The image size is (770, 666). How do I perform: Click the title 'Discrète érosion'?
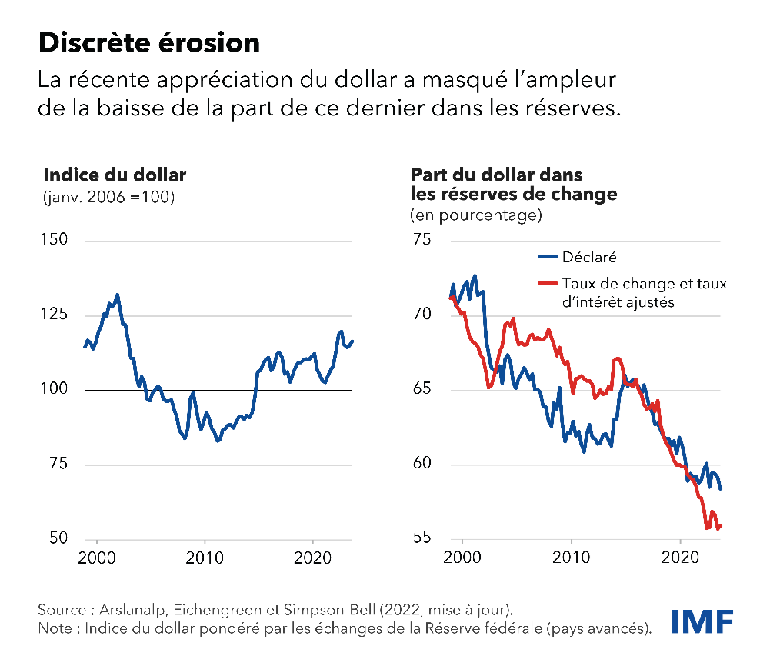tap(149, 44)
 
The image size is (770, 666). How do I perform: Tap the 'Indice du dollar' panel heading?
tap(115, 175)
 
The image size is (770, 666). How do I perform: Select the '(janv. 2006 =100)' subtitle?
tap(108, 197)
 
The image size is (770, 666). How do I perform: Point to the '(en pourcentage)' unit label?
tap(476, 215)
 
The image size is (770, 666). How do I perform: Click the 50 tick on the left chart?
tap(58, 538)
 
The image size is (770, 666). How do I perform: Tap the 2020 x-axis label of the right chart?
tap(680, 557)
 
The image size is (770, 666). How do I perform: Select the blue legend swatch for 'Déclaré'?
tap(547, 257)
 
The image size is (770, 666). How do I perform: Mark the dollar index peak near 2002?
tap(117, 294)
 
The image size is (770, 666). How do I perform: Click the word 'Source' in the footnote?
tap(62, 610)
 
